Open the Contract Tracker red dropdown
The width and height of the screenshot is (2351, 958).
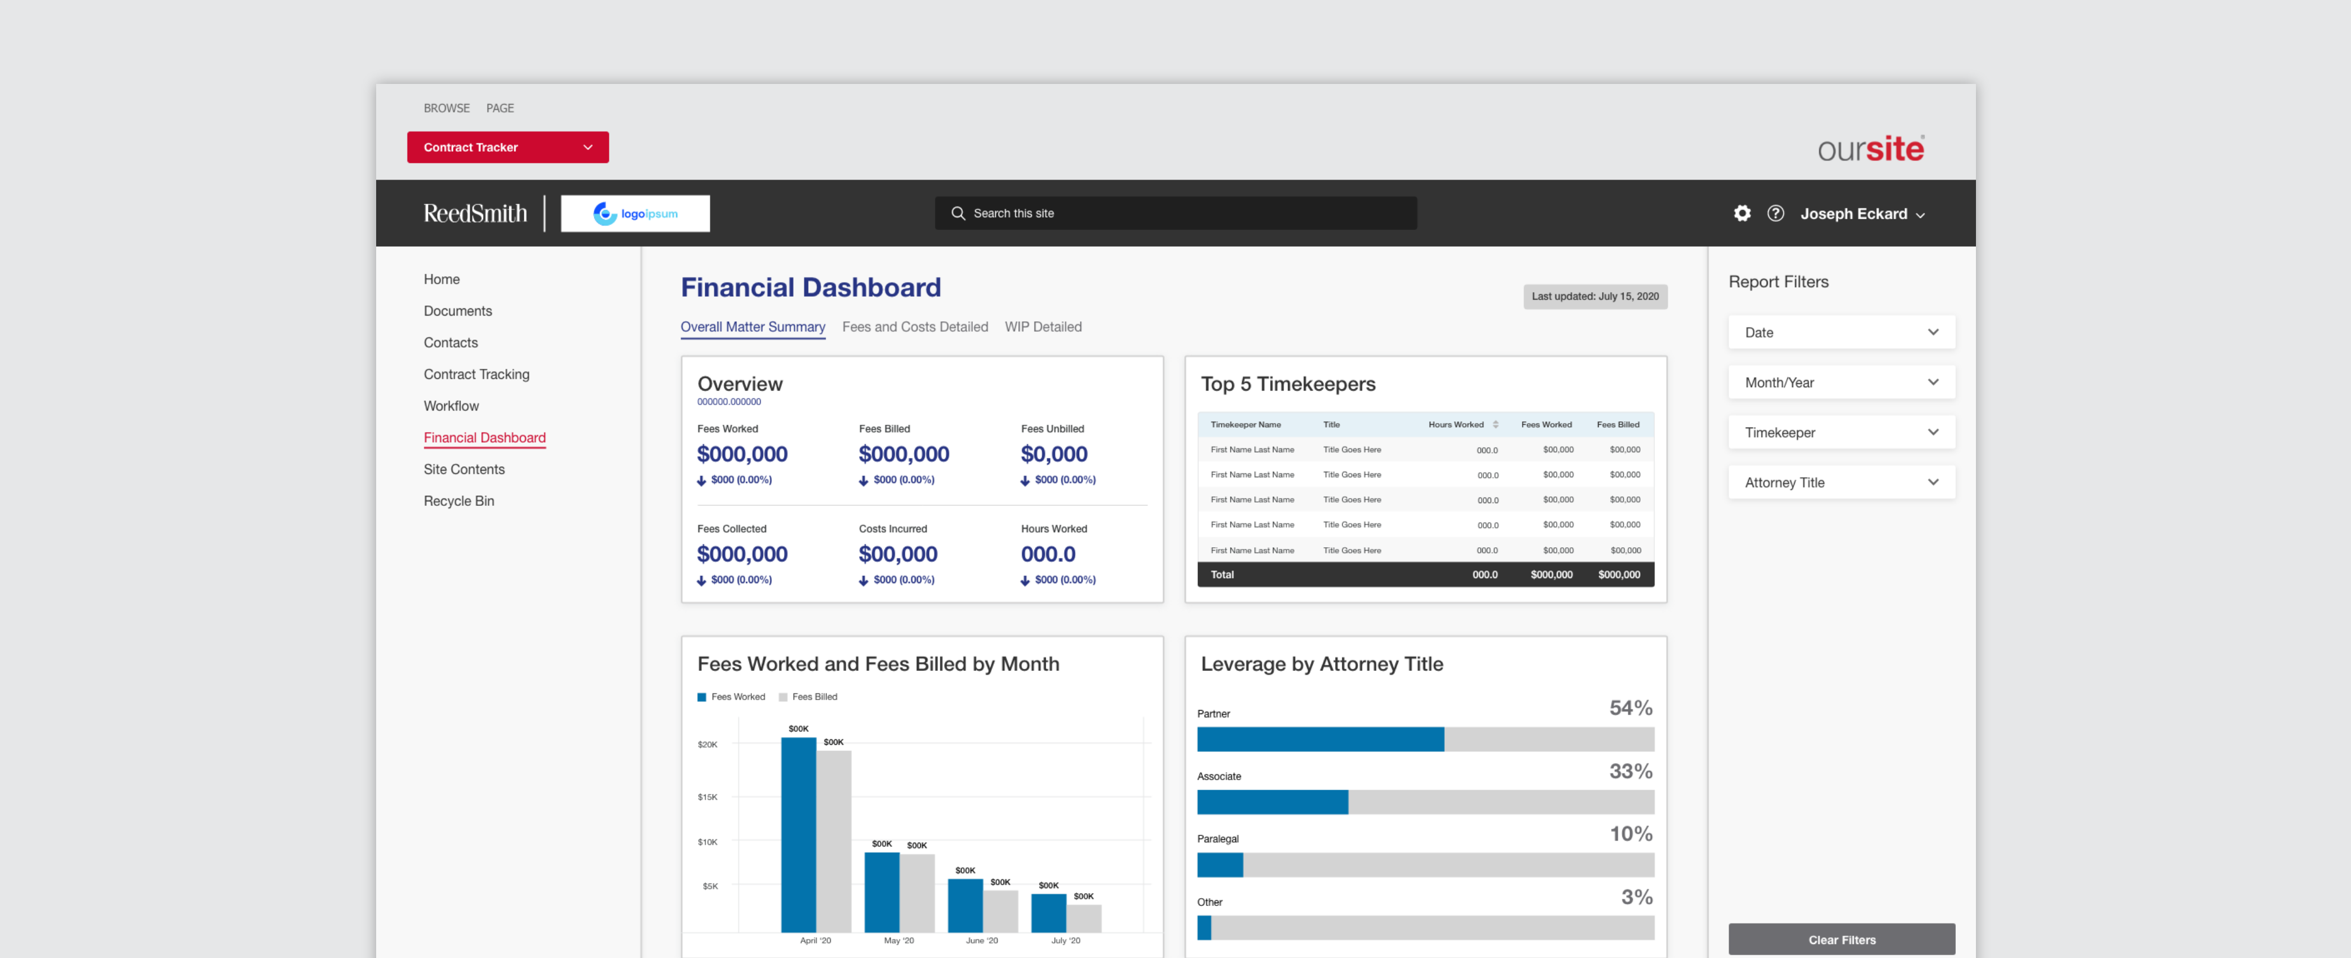pyautogui.click(x=508, y=147)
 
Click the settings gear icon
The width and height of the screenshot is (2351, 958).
pyautogui.click(x=1741, y=214)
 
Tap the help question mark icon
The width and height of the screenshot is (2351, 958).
pyautogui.click(x=1775, y=214)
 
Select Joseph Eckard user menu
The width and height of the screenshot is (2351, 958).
pyautogui.click(x=1862, y=214)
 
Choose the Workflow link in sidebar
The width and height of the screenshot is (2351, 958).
pyautogui.click(x=451, y=406)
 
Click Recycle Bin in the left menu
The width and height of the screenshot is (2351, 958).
pyautogui.click(x=458, y=501)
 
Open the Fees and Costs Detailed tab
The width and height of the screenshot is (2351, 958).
pyautogui.click(x=915, y=327)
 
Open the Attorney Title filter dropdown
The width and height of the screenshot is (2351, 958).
pyautogui.click(x=1841, y=483)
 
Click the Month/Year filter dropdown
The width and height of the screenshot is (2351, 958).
pyautogui.click(x=1841, y=382)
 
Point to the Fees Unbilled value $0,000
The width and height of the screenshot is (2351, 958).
pyautogui.click(x=1053, y=454)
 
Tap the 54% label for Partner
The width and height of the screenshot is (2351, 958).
pyautogui.click(x=1630, y=708)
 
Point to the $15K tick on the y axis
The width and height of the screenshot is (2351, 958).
pyautogui.click(x=708, y=796)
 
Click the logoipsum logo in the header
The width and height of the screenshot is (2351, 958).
pyautogui.click(x=635, y=214)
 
